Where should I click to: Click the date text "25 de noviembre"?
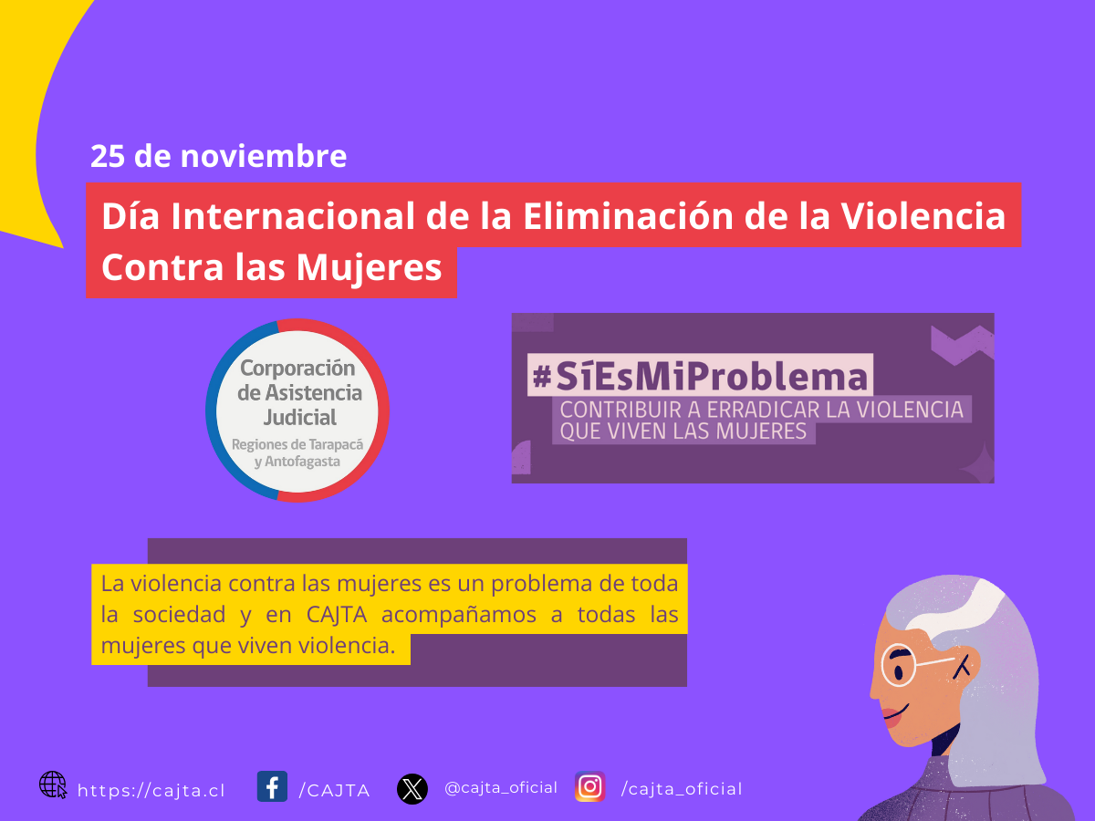(218, 156)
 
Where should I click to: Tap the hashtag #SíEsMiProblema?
(700, 374)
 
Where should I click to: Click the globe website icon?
(53, 785)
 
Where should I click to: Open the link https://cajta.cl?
(151, 791)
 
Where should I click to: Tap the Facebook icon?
(272, 786)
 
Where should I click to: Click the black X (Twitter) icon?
(412, 788)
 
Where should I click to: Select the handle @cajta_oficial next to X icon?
(501, 787)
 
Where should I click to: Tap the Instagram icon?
(590, 786)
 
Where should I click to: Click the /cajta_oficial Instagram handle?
(682, 789)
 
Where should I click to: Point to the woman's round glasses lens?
(900, 665)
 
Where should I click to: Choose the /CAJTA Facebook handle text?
(334, 791)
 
